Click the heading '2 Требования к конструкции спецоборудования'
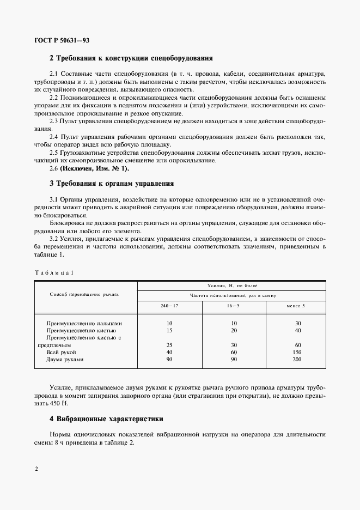coord(131,58)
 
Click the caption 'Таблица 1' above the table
coord(53,272)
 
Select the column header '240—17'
coord(169,306)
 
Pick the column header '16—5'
coord(233,306)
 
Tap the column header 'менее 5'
coord(296,306)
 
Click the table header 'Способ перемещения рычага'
coord(84,294)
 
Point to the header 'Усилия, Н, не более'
coord(233,285)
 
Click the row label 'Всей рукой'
coord(62,353)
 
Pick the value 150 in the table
coord(298,353)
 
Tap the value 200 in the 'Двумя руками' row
coord(298,360)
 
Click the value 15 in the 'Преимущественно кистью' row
coord(169,330)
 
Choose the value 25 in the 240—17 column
coord(169,345)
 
